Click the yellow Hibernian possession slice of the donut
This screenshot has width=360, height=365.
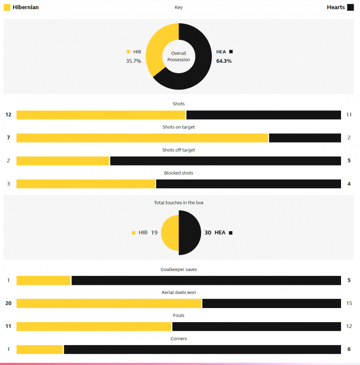pyautogui.click(x=155, y=49)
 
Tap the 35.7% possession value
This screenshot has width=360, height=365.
pyautogui.click(x=134, y=61)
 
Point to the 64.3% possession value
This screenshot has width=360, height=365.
pyautogui.click(x=224, y=61)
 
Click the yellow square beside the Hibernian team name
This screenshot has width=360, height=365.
pyautogui.click(x=7, y=7)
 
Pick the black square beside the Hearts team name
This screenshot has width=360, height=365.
pyautogui.click(x=350, y=7)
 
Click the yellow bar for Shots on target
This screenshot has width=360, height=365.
pyautogui.click(x=142, y=138)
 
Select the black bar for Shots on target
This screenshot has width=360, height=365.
pyautogui.click(x=305, y=138)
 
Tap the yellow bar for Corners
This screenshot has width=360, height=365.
pyautogui.click(x=40, y=349)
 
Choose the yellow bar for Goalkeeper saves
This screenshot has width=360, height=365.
pyautogui.click(x=44, y=280)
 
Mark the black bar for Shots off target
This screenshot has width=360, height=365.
pyautogui.click(x=225, y=161)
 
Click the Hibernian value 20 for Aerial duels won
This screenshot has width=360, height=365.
pyautogui.click(x=8, y=303)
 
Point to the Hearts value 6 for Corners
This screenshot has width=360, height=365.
pyautogui.click(x=349, y=349)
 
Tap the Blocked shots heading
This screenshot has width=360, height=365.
pyautogui.click(x=179, y=173)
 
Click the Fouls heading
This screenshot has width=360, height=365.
pyautogui.click(x=179, y=315)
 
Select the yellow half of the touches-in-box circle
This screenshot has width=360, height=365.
pyautogui.click(x=170, y=233)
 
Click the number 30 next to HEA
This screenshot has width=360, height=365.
pyautogui.click(x=208, y=233)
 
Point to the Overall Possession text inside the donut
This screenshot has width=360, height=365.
pyautogui.click(x=179, y=56)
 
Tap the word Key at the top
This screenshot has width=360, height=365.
pyautogui.click(x=179, y=7)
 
